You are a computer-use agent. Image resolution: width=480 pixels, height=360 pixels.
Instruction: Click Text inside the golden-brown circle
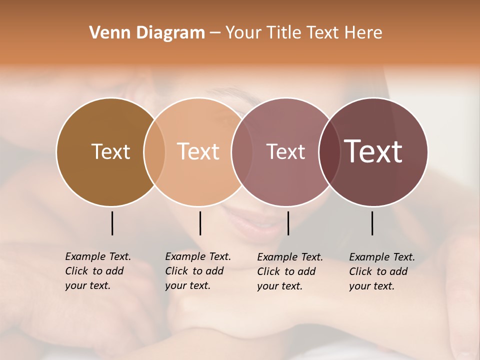point(110,151)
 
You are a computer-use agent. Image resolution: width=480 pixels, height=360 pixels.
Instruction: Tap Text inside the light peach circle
point(198,151)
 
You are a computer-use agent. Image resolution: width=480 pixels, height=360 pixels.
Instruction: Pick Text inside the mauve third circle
point(285,151)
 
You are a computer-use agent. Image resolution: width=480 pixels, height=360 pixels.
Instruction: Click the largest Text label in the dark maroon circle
point(373,151)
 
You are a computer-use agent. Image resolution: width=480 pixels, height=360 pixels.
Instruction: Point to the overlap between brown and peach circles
point(154,151)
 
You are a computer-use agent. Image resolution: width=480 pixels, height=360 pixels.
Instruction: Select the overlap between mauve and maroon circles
point(329,151)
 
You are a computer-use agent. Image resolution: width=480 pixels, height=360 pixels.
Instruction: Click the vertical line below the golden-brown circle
point(112,223)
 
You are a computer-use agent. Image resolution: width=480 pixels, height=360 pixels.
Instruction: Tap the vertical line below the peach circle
point(200,223)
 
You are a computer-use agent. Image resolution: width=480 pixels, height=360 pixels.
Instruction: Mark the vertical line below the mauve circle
point(288,223)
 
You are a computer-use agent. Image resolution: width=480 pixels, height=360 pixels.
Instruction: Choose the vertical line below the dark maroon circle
point(372,223)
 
